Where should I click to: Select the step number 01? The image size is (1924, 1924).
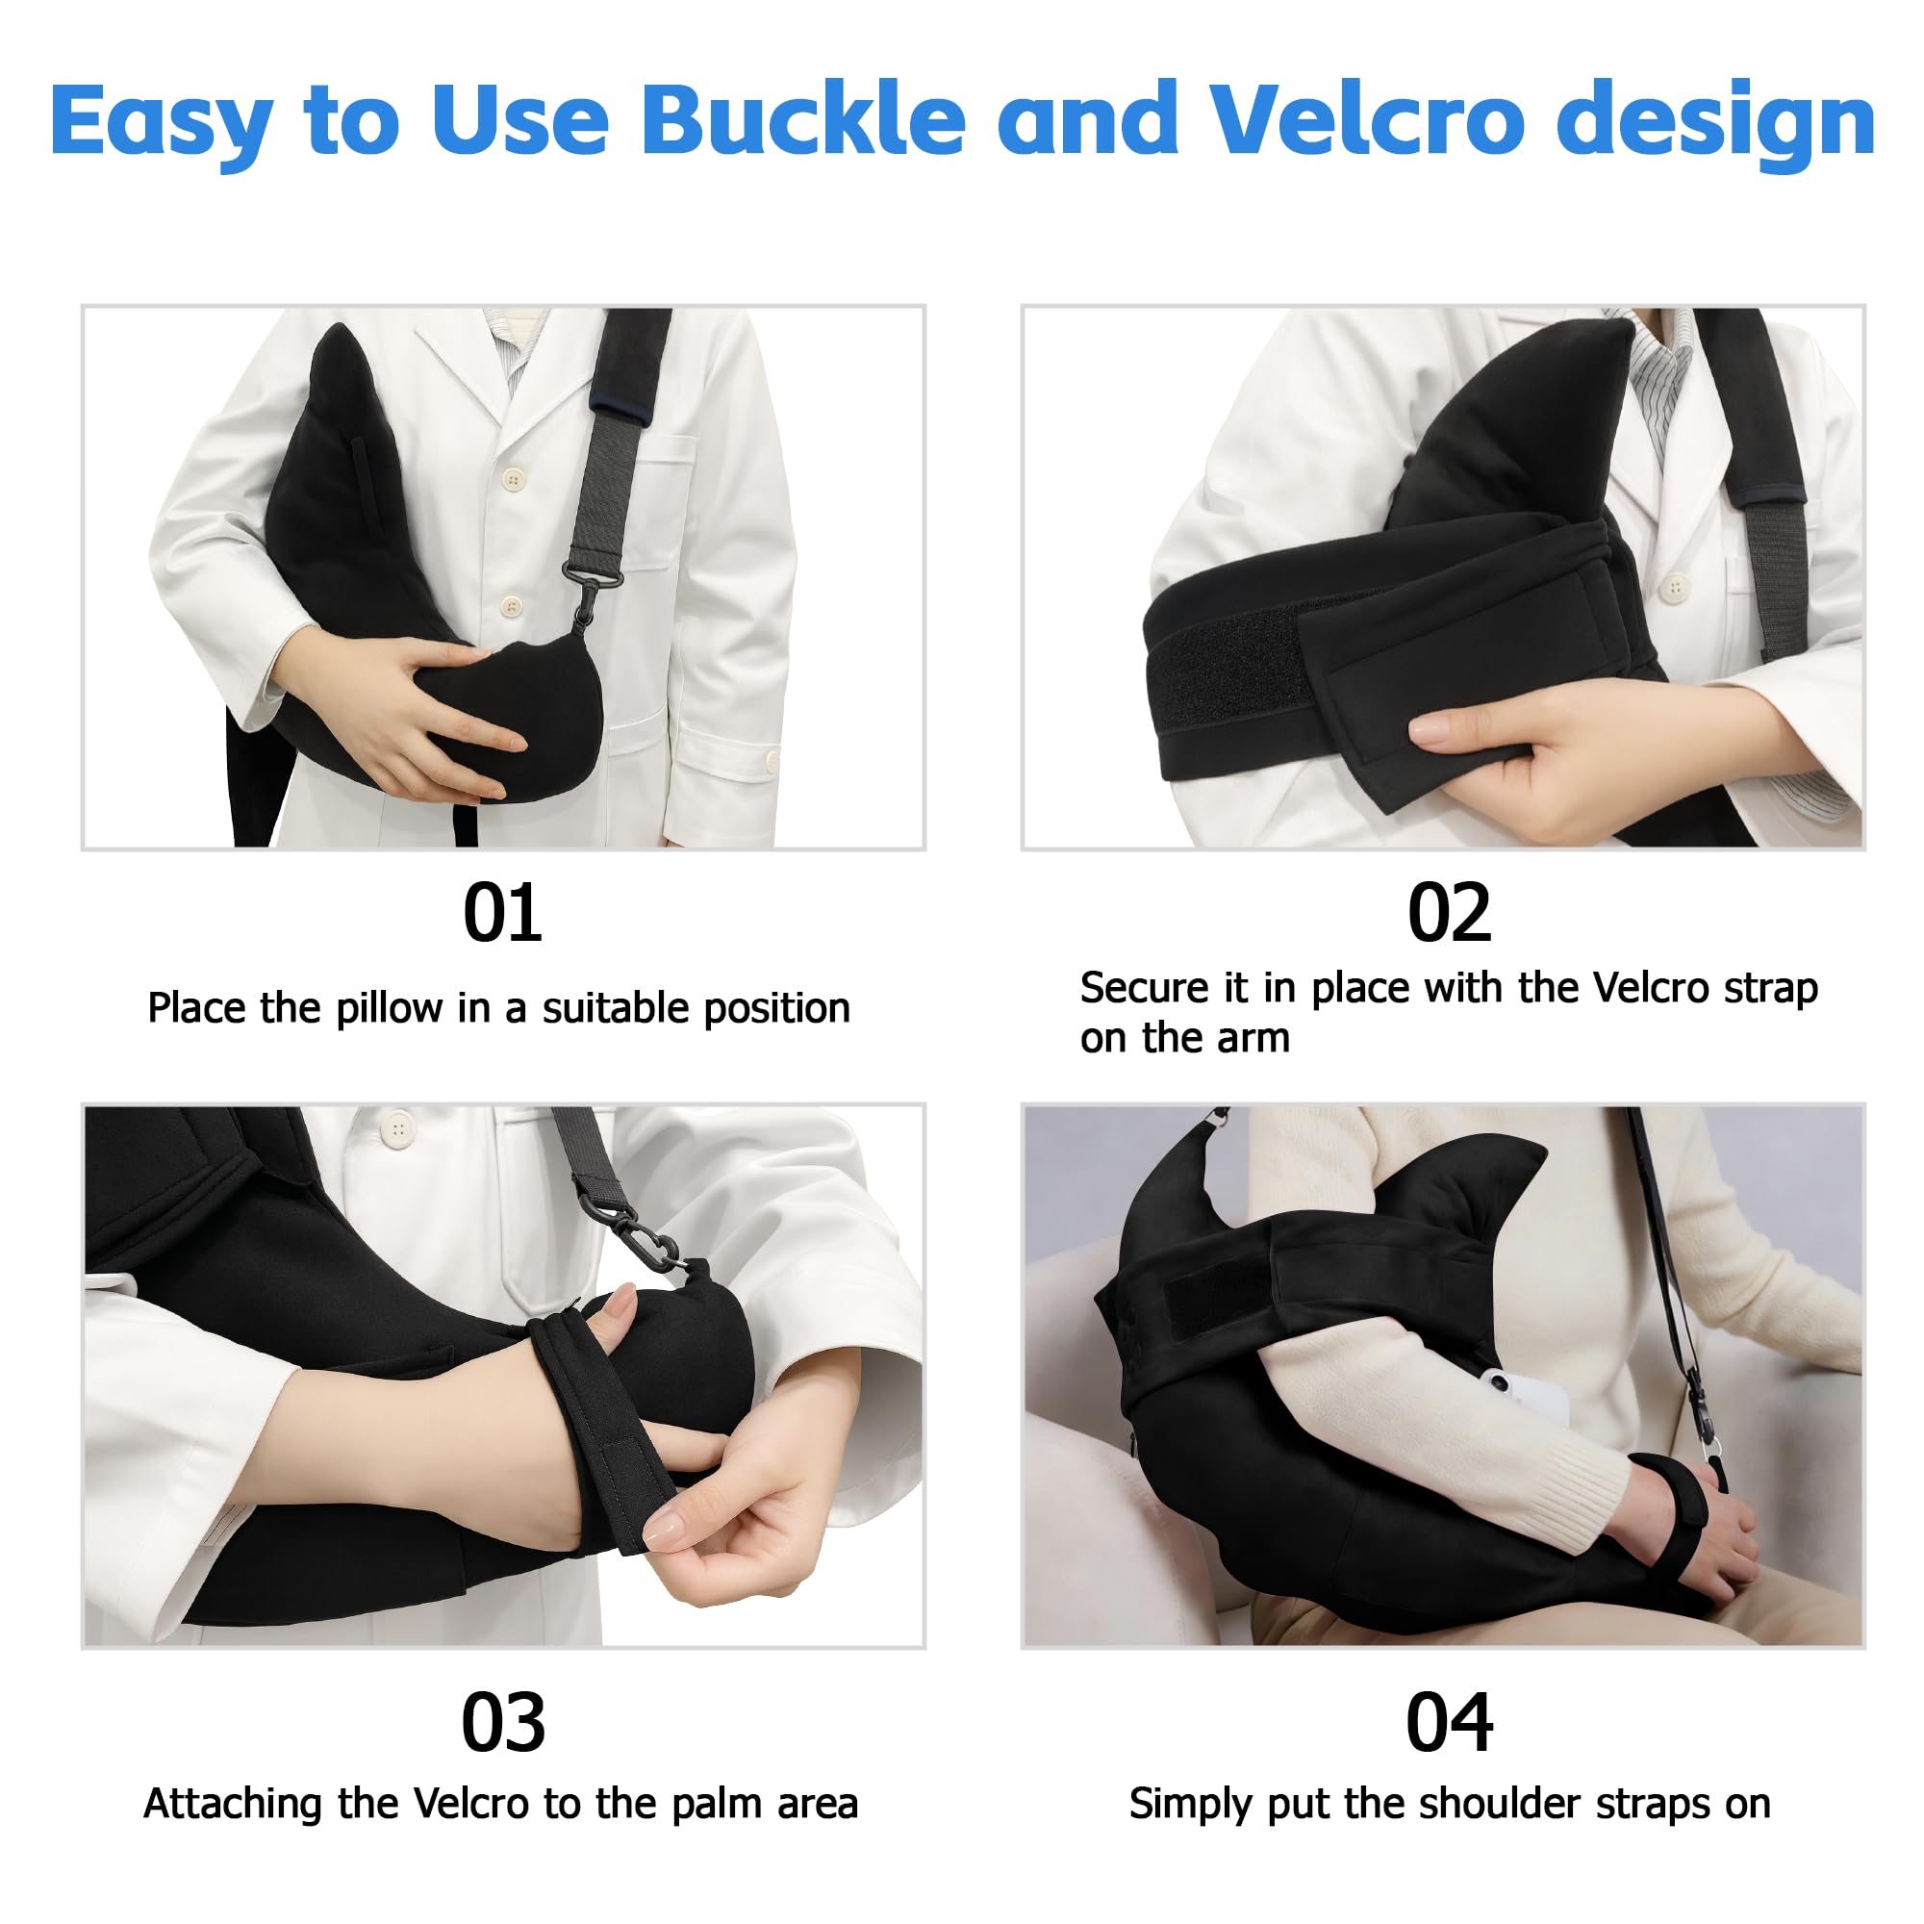pyautogui.click(x=502, y=912)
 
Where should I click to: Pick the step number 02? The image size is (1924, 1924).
pyautogui.click(x=1449, y=912)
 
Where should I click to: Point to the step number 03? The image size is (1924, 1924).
pyautogui.click(x=502, y=1722)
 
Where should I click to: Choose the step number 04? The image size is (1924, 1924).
pyautogui.click(x=1449, y=1722)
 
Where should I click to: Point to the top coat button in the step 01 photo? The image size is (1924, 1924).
pyautogui.click(x=514, y=481)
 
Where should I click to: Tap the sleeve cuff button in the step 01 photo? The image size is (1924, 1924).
pyautogui.click(x=772, y=762)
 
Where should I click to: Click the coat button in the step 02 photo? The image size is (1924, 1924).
pyautogui.click(x=1676, y=587)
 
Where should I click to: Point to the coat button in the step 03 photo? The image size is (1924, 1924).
pyautogui.click(x=398, y=1128)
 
